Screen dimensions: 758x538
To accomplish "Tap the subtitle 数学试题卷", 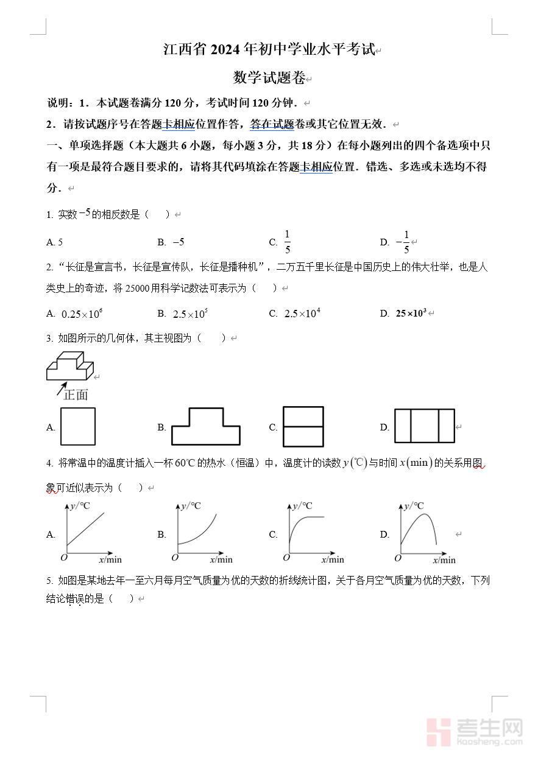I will pos(269,78).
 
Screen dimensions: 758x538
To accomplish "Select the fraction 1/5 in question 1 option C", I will pos(288,242).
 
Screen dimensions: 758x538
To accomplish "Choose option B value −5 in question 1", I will pos(179,242).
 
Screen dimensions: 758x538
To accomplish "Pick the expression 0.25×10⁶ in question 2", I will pos(82,314).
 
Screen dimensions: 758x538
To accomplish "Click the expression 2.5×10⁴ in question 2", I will pos(302,314).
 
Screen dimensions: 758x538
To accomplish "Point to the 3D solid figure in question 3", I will pos(70,365).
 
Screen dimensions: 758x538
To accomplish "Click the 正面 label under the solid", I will pos(76,395).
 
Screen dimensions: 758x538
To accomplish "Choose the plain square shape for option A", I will pos(78,427).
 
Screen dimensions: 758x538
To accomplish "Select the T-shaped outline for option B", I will pos(206,426).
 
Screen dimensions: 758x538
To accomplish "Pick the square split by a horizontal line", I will pos(303,427).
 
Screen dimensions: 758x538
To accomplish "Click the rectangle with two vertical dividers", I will pos(425,426).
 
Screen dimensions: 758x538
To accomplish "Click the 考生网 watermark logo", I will pos(475,731).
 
